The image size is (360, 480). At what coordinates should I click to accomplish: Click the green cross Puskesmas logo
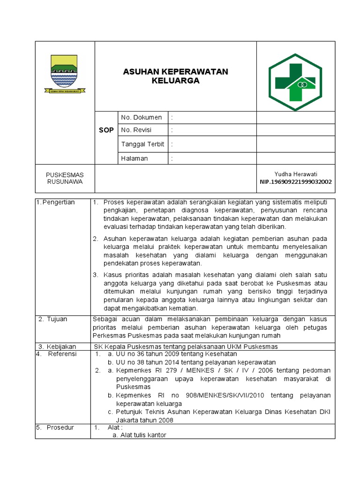pyautogui.click(x=295, y=82)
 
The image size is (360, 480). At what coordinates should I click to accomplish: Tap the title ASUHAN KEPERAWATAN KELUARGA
pyautogui.click(x=175, y=76)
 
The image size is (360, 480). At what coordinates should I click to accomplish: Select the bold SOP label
pyautogui.click(x=106, y=130)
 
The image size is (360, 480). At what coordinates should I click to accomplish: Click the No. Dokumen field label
pyautogui.click(x=141, y=117)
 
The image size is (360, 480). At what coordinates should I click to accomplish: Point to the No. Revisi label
pyautogui.click(x=136, y=130)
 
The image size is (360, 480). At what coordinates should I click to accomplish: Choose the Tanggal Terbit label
pyautogui.click(x=142, y=144)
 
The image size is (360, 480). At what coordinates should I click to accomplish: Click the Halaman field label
pyautogui.click(x=135, y=158)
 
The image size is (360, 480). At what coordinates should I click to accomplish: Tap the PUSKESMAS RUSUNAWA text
pyautogui.click(x=65, y=178)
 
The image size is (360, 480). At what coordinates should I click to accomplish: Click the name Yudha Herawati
pyautogui.click(x=295, y=174)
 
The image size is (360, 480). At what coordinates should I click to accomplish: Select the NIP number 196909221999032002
pyautogui.click(x=296, y=182)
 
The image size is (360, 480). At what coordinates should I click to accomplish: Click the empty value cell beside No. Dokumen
pyautogui.click(x=295, y=117)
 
